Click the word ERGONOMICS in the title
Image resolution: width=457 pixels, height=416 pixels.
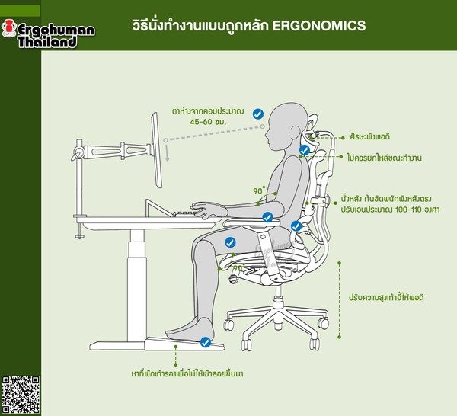(x=319, y=26)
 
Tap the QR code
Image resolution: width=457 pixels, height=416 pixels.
(x=21, y=395)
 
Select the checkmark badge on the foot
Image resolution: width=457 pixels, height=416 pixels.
(x=206, y=342)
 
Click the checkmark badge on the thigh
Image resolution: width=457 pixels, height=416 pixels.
(x=230, y=242)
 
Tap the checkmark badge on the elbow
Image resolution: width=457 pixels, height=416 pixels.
(x=267, y=217)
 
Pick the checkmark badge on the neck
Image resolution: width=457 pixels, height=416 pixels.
(x=304, y=150)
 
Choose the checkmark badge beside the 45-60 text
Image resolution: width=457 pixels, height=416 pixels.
(x=258, y=114)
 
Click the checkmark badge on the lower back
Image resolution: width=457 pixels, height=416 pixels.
(x=296, y=226)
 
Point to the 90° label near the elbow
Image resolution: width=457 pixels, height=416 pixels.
(x=259, y=190)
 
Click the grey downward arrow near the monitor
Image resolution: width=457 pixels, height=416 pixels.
(x=168, y=153)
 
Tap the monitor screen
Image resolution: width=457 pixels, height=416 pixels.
(x=156, y=150)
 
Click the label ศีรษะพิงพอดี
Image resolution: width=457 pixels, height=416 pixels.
(x=370, y=136)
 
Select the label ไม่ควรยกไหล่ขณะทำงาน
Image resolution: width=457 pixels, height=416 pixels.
(x=385, y=158)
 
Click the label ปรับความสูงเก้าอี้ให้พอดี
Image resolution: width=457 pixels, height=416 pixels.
(x=386, y=298)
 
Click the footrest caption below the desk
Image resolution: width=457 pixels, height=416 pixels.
(x=187, y=373)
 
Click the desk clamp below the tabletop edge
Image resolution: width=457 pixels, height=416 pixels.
(x=79, y=232)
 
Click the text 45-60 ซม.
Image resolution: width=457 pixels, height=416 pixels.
(x=208, y=122)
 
